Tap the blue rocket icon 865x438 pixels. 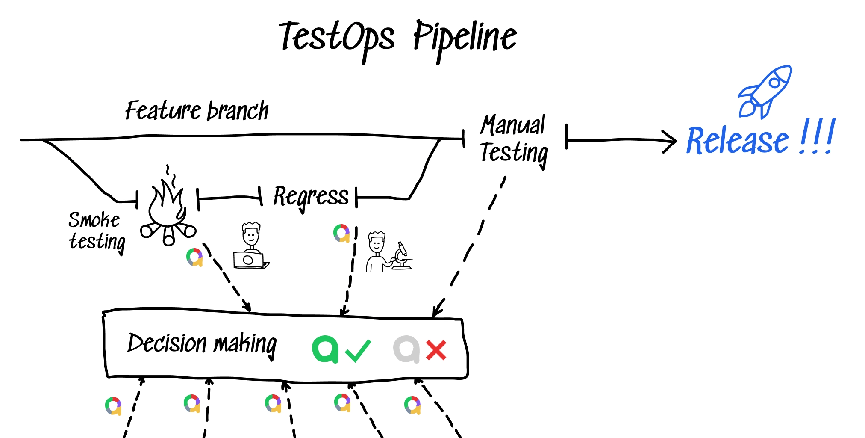(765, 92)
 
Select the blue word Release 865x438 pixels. (738, 140)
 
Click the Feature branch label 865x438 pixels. (197, 111)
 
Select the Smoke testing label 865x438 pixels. (97, 232)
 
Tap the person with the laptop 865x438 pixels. (251, 246)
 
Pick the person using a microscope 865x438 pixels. (388, 252)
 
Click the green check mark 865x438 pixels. (358, 351)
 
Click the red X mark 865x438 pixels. (436, 350)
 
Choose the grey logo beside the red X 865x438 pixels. (406, 349)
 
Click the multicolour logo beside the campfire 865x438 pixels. (194, 257)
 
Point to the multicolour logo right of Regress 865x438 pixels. (341, 233)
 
